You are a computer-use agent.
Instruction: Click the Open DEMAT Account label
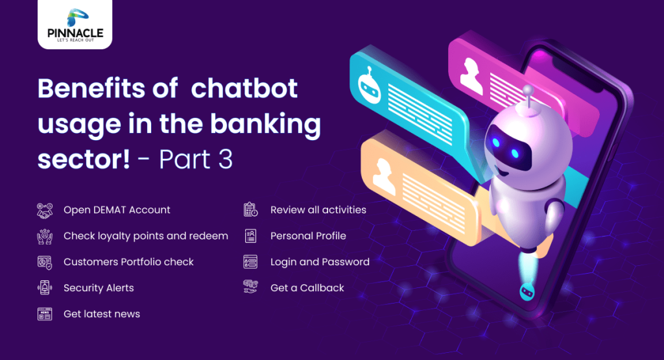pos(117,210)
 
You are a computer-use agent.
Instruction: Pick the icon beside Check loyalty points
pos(44,236)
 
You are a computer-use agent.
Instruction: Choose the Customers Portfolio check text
pos(128,262)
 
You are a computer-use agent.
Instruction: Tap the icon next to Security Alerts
pos(44,288)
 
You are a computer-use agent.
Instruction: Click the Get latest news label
pos(102,314)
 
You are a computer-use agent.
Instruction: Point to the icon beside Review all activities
pos(250,210)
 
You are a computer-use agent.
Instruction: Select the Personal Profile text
pos(308,236)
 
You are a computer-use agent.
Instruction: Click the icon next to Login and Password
pos(250,262)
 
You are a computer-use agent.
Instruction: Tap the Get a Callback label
pos(307,288)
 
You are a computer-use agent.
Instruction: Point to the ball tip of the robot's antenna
pos(528,90)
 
